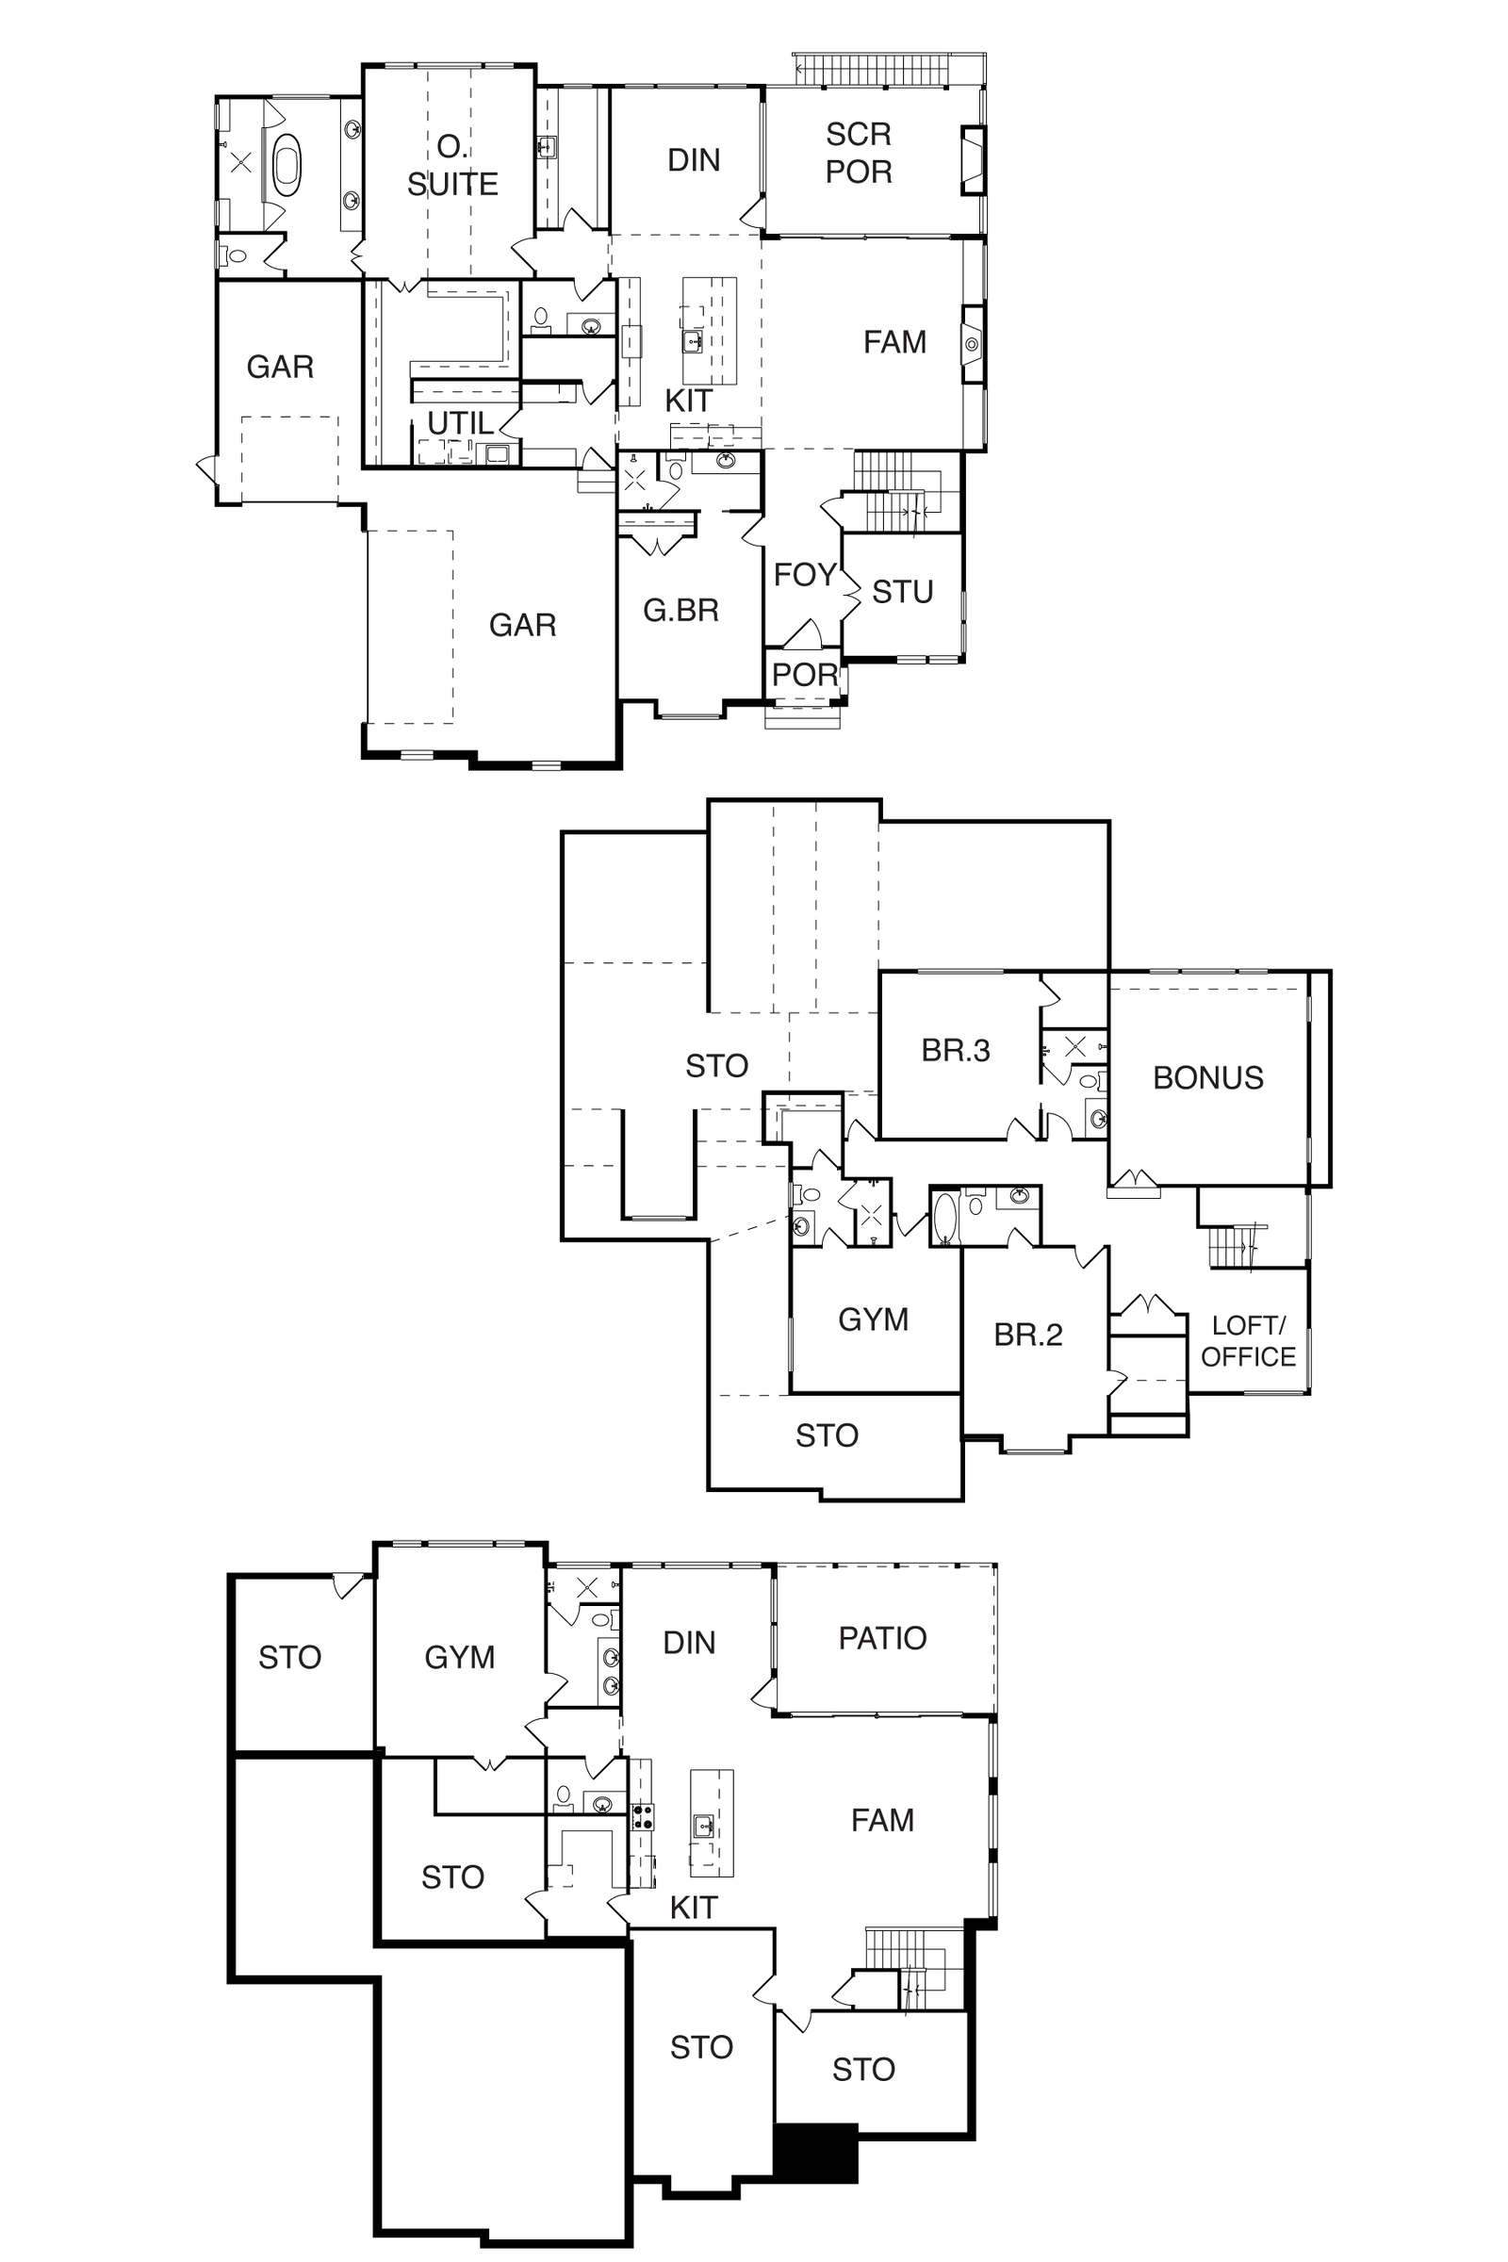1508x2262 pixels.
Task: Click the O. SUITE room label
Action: point(452,166)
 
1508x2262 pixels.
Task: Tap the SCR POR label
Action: point(859,153)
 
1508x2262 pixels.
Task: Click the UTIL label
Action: point(461,423)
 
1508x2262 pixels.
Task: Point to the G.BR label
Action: point(680,610)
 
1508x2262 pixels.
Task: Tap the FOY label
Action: point(805,575)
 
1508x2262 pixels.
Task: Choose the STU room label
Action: point(903,592)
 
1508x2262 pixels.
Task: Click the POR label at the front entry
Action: point(805,675)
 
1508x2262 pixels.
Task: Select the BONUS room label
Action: point(1208,1078)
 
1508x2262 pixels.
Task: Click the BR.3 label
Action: point(955,1050)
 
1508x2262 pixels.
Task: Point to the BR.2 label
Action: point(1028,1335)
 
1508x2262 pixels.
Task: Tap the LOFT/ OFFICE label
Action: point(1248,1340)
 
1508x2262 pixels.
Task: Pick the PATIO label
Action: point(883,1638)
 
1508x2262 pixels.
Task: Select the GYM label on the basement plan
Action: point(460,1657)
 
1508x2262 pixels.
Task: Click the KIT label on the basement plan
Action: point(694,1908)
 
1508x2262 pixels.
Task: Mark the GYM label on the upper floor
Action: point(874,1319)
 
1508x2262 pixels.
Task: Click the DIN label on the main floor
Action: point(694,159)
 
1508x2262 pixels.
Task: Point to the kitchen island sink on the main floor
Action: point(693,341)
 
